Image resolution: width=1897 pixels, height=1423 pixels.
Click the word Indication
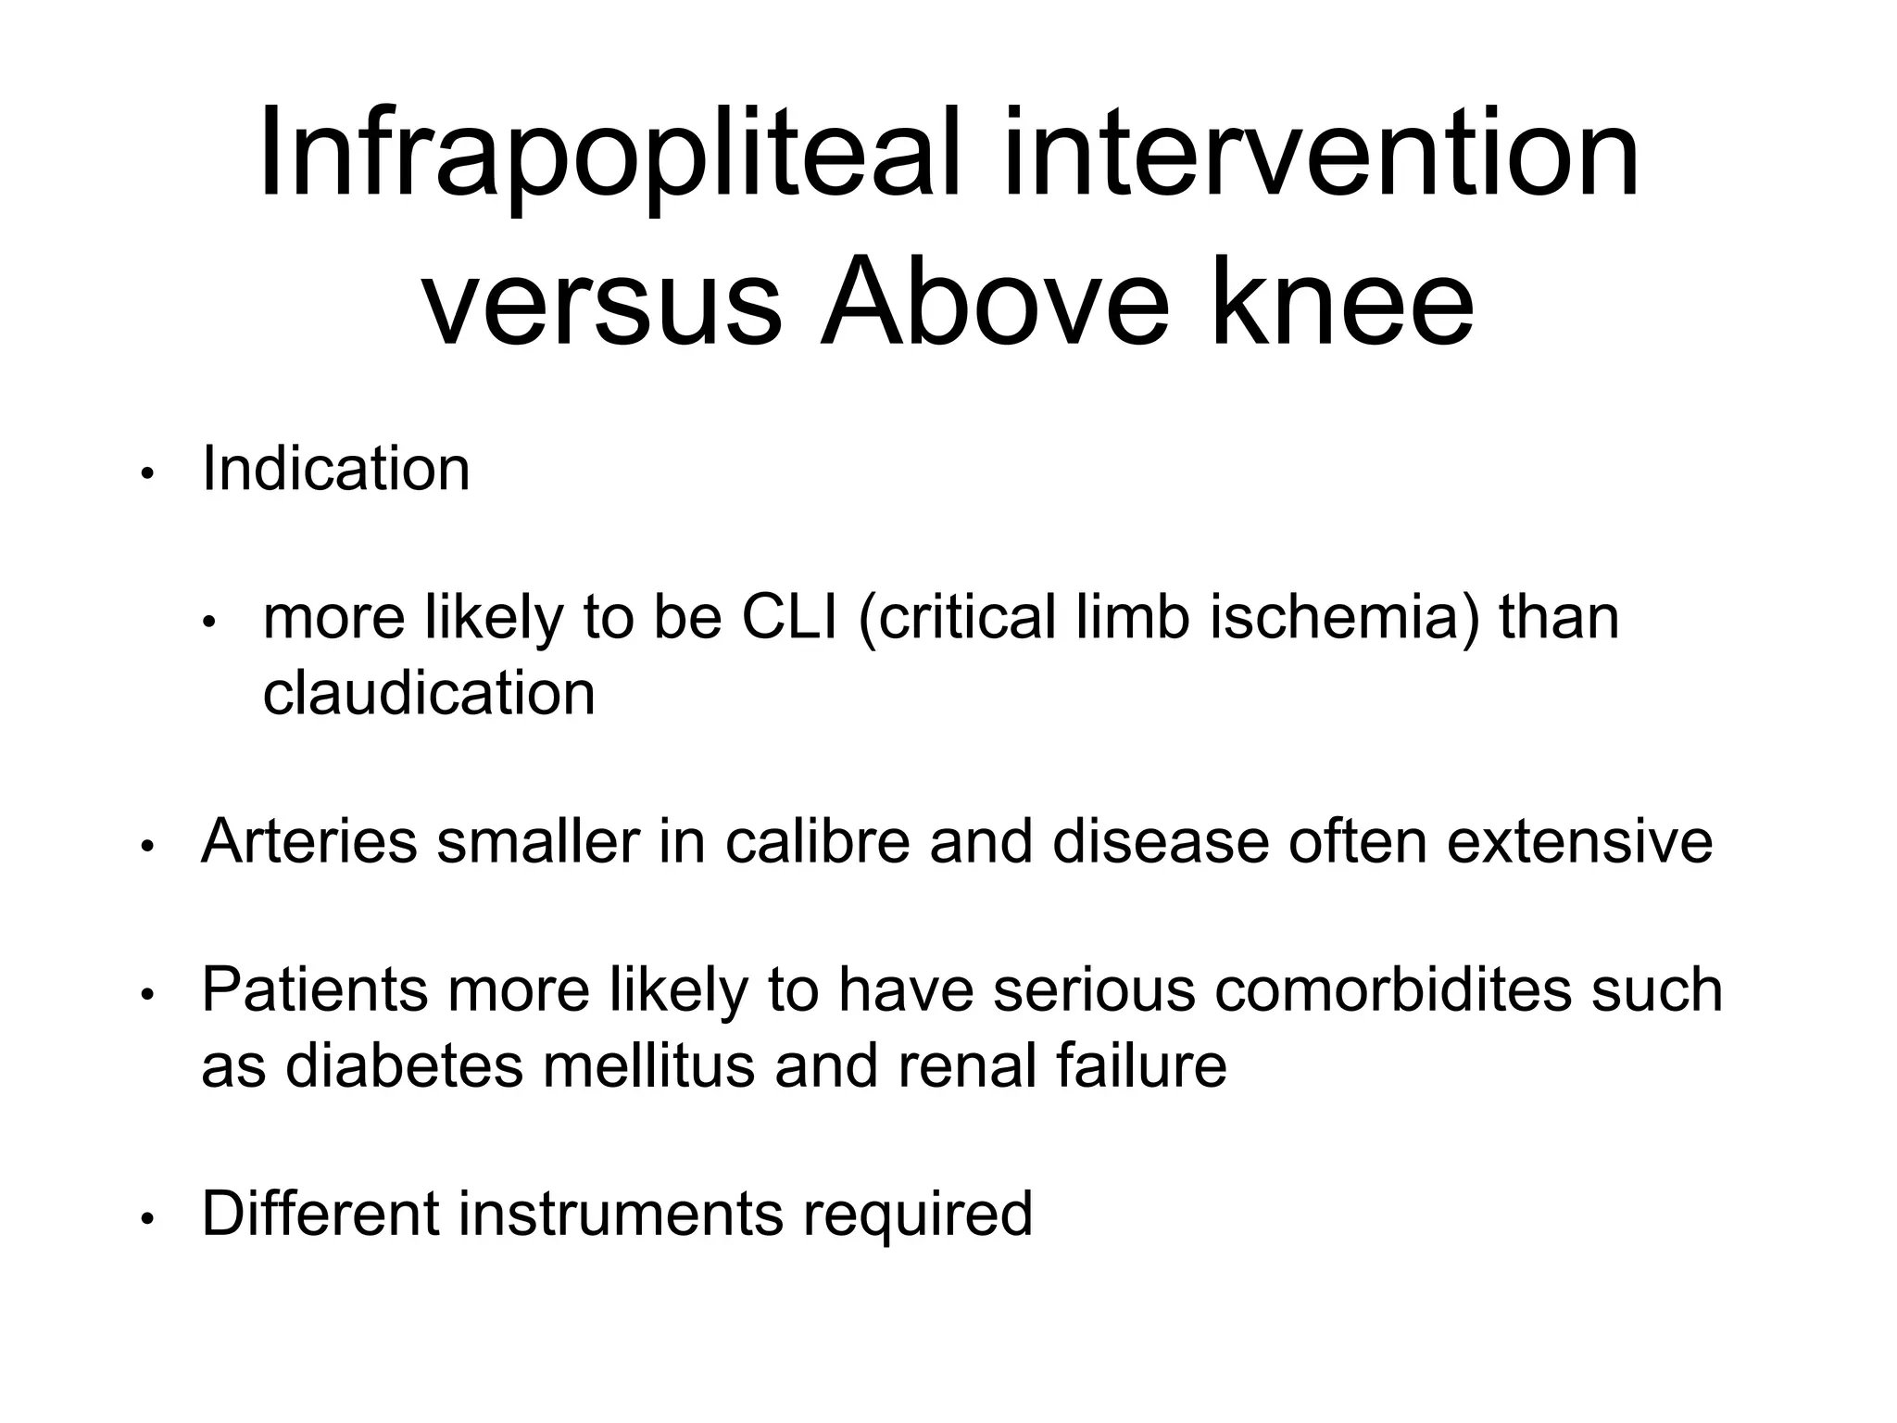[335, 469]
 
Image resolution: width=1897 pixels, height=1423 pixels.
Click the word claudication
[429, 693]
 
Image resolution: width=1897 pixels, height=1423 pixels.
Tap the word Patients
[315, 989]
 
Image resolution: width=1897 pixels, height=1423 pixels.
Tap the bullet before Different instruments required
[146, 1219]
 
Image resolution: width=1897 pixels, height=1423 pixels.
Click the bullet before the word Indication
[146, 474]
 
